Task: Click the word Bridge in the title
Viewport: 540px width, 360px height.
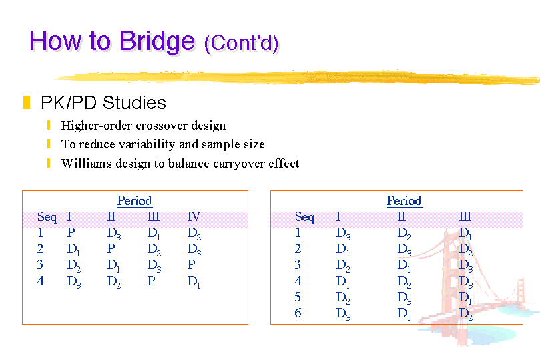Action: coord(157,42)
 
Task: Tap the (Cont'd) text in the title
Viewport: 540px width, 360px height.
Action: coord(241,43)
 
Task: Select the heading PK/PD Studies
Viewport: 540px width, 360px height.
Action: coord(103,103)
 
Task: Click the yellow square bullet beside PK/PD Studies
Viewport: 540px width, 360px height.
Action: coord(27,102)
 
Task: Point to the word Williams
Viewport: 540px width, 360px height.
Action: coord(87,163)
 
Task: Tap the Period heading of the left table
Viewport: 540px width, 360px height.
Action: coord(134,200)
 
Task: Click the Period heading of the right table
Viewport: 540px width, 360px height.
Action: coord(404,200)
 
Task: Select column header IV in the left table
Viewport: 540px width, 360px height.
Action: coord(194,216)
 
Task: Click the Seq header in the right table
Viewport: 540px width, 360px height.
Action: coord(304,217)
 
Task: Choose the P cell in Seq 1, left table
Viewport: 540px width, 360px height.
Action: coord(71,233)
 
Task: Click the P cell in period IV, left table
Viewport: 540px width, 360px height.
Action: coord(191,264)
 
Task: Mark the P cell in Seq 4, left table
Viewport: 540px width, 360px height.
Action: coord(151,281)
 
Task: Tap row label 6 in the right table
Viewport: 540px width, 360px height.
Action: coord(298,313)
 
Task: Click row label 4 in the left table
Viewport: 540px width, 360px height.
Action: coord(41,281)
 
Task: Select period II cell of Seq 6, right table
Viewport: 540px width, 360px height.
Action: coord(404,313)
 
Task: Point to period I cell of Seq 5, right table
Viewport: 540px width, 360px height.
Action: coord(343,298)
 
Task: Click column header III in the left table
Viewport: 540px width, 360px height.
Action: coord(154,216)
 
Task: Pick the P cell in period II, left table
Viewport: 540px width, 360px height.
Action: coord(111,248)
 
